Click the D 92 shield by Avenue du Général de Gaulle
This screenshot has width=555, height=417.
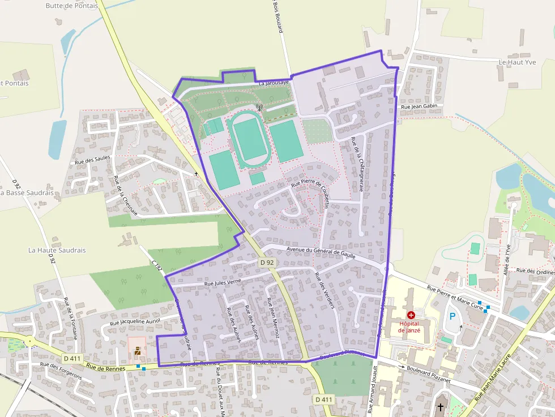pos(267,263)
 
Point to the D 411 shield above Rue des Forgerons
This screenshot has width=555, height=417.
pos(72,358)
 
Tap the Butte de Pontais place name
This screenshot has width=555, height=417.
pos(71,6)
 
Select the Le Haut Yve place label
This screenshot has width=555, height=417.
pos(516,62)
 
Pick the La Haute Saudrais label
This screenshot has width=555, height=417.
pos(57,250)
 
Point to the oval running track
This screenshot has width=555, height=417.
pos(249,139)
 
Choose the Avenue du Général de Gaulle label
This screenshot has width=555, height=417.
pos(321,252)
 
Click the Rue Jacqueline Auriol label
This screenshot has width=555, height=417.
pos(135,321)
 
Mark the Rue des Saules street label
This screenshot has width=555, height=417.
pos(92,161)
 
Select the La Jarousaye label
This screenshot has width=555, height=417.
pos(274,83)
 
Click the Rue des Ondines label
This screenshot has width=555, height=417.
pos(535,271)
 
